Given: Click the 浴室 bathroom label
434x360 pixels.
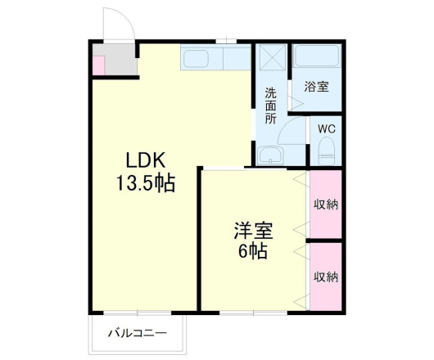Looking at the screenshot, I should coord(317,86).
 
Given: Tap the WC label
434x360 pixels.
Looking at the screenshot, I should coord(326,128).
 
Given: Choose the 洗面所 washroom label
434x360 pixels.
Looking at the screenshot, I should coord(269,106).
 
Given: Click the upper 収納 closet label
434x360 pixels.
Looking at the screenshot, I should coord(325,203).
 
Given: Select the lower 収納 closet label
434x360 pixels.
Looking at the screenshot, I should coord(325,277).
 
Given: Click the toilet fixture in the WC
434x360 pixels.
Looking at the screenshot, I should coord(326,149).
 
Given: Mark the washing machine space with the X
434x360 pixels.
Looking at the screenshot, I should coord(270,58).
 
